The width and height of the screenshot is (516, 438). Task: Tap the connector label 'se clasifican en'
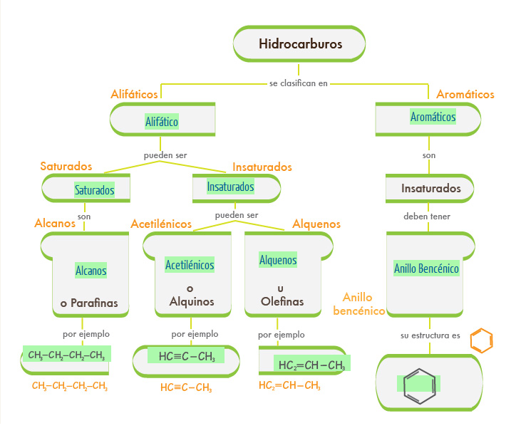tap(299, 83)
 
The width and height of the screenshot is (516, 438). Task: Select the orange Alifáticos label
tap(135, 94)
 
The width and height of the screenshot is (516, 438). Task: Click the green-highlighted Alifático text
tap(162, 122)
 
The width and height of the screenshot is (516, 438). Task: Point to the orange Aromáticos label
tap(465, 94)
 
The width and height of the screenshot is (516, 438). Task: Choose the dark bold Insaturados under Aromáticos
tap(430, 189)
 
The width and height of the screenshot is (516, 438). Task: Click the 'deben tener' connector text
tap(427, 217)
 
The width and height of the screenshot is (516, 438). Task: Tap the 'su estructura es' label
tap(429, 335)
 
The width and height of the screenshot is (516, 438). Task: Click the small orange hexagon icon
tap(482, 340)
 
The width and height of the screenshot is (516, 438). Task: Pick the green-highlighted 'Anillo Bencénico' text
tap(426, 268)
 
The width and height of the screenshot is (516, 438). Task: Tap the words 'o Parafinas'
tap(89, 303)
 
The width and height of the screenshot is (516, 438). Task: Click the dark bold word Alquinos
tap(192, 301)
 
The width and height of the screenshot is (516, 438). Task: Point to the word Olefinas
tap(282, 301)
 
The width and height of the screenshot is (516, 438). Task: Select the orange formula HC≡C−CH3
tap(185, 387)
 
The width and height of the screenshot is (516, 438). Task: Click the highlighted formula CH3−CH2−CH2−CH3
tap(66, 355)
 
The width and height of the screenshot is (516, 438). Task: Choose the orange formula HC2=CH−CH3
tap(289, 386)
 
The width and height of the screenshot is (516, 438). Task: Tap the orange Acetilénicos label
tap(161, 224)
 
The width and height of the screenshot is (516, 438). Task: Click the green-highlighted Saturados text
tap(94, 190)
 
